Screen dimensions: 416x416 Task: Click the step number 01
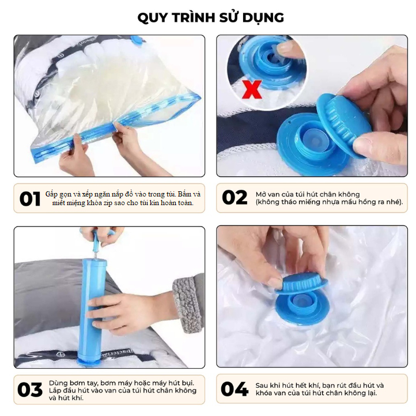(30, 199)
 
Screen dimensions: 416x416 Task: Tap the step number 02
(235, 198)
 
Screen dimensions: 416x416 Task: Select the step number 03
(30, 389)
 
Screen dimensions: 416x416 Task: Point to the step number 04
(235, 389)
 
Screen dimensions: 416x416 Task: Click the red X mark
(252, 90)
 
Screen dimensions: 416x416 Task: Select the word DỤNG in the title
(263, 18)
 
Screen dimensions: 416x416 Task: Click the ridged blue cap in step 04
(301, 285)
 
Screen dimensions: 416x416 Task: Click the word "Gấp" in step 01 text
(51, 195)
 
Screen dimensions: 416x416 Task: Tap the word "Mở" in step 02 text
(261, 195)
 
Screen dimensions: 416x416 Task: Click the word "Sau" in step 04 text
(262, 385)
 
